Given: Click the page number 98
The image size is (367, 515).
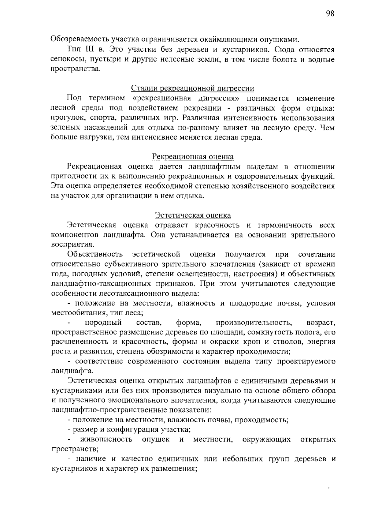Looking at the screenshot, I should point(330,13).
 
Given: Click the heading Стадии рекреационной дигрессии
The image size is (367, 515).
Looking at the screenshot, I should point(193,88).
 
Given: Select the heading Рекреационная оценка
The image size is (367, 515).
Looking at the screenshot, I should point(193,157).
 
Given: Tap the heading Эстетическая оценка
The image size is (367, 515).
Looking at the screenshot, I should point(193,215).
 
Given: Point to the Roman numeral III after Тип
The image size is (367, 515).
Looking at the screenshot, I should point(90,49).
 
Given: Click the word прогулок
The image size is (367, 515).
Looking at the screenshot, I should point(65,118).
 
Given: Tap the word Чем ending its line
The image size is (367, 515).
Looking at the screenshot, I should point(327,128).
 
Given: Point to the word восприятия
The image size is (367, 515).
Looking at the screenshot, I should point(72,244).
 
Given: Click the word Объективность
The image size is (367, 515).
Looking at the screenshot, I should point(95,254).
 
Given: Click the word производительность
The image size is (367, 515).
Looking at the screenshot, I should point(254,323).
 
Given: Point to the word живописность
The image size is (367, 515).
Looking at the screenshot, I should point(106,440).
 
